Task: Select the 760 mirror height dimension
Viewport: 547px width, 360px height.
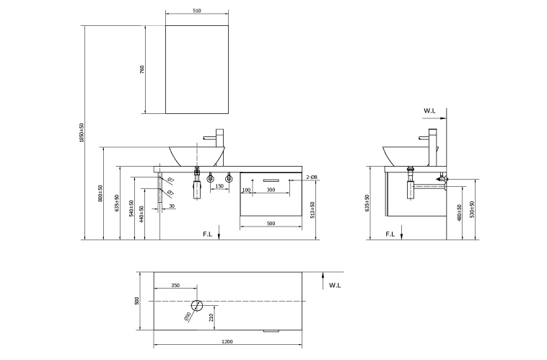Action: point(143,69)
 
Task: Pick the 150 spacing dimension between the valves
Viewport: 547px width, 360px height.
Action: point(219,186)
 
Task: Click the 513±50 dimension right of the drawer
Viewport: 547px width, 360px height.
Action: point(312,208)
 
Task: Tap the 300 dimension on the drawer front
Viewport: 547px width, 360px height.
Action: point(271,190)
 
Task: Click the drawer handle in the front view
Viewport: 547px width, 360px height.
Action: point(271,178)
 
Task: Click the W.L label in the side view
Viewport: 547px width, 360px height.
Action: point(430,111)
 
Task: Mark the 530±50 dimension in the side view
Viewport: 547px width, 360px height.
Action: point(471,210)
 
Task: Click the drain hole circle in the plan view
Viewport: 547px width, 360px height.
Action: point(196,304)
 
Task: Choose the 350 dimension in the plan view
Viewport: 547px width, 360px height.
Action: point(175,286)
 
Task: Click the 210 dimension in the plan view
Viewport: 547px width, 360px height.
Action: point(210,315)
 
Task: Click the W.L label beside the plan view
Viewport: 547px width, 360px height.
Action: point(335,286)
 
